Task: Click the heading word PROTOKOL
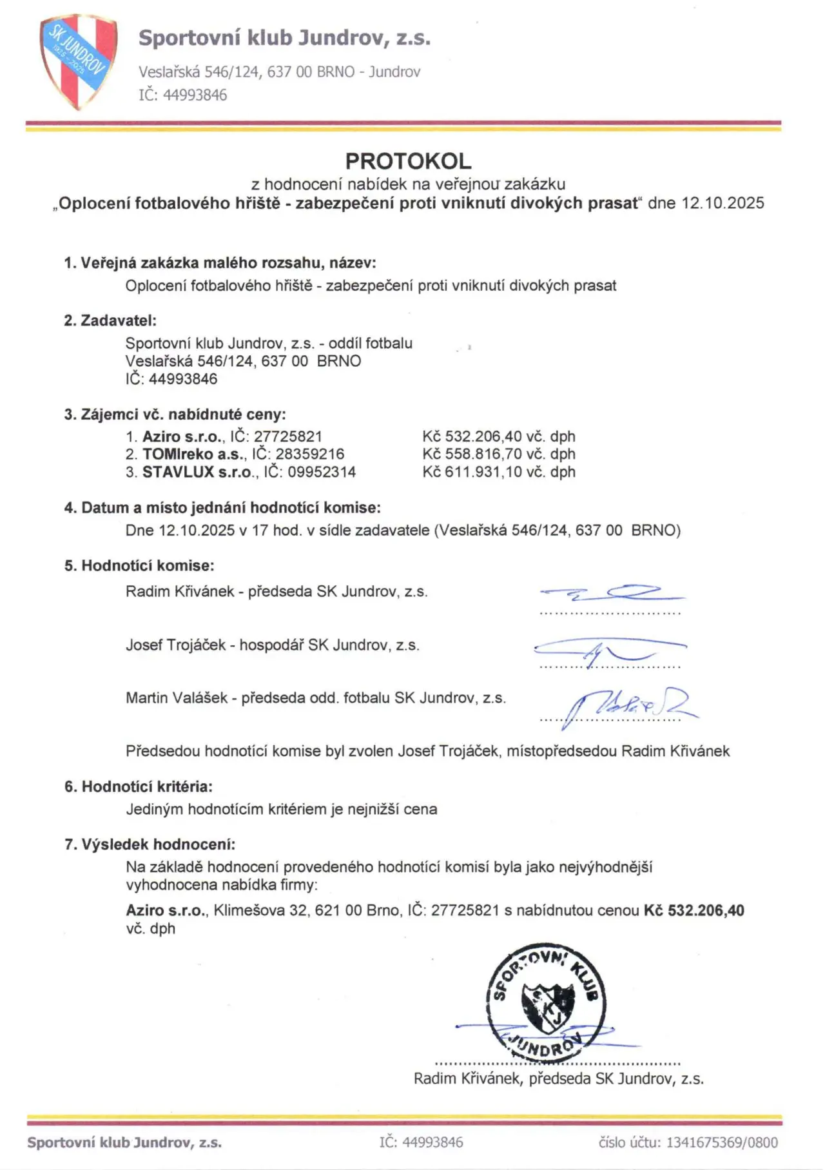click(x=408, y=161)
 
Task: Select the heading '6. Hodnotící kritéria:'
click(x=138, y=786)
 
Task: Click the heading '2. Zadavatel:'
click(x=110, y=320)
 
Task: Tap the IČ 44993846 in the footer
click(x=421, y=1142)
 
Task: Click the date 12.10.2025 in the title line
click(x=723, y=203)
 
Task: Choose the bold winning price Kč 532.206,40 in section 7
click(x=694, y=910)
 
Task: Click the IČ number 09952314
click(x=322, y=472)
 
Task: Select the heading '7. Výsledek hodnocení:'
click(x=150, y=844)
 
